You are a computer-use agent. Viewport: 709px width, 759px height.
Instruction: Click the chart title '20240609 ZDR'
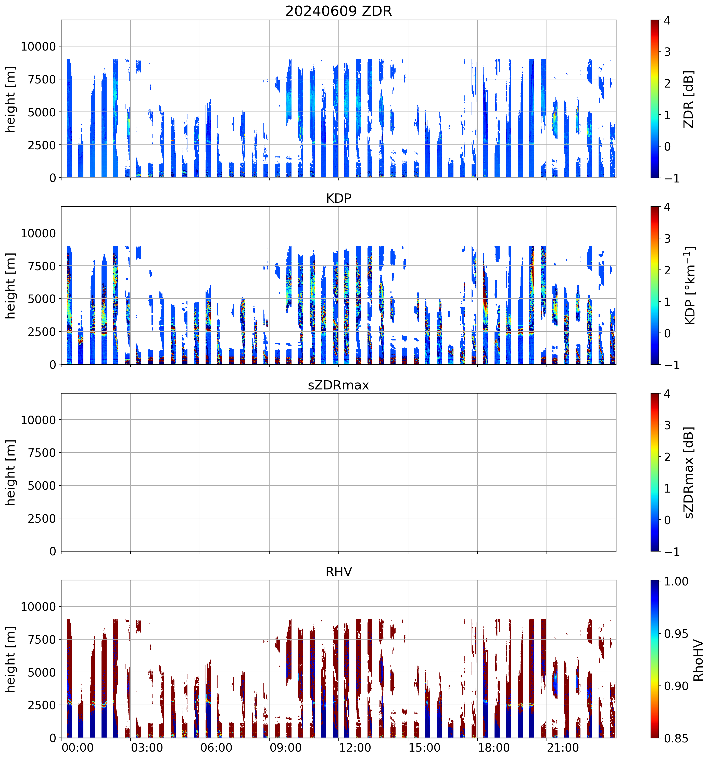click(338, 11)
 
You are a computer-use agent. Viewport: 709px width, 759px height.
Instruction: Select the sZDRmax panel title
click(338, 385)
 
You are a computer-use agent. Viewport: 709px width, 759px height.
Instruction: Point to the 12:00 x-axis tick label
click(355, 747)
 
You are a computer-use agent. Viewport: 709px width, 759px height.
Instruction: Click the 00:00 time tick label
click(78, 747)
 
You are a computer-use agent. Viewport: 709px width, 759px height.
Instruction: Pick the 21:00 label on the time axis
click(563, 747)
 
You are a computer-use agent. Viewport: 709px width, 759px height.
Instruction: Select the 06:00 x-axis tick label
click(216, 747)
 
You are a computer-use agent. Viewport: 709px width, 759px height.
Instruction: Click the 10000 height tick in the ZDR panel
click(38, 47)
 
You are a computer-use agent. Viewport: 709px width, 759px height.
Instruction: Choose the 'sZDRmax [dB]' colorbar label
click(688, 472)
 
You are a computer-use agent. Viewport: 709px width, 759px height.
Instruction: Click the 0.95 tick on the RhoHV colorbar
click(676, 634)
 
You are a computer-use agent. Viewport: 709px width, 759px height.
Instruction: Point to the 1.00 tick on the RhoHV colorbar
click(676, 581)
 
